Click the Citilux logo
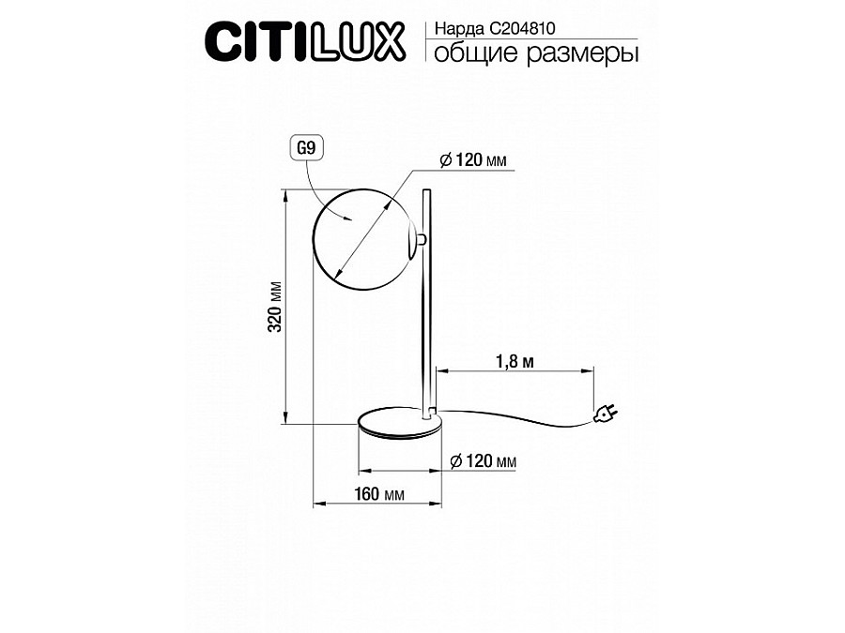click(x=305, y=41)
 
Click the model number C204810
click(x=522, y=28)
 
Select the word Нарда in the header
click(x=459, y=28)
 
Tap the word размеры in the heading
click(x=582, y=53)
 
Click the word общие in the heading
click(x=476, y=53)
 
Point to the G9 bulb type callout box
click(x=307, y=147)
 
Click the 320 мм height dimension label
click(x=275, y=307)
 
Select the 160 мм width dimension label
click(x=379, y=493)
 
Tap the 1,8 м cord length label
click(x=515, y=361)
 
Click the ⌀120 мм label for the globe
click(x=473, y=159)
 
